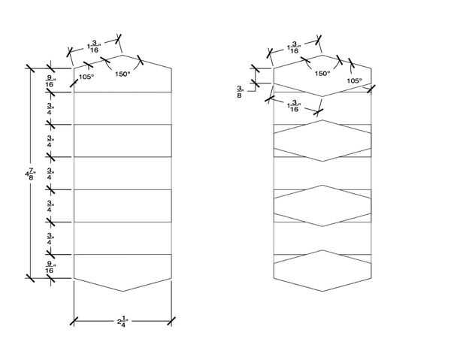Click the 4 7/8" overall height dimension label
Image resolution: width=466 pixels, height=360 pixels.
(28, 174)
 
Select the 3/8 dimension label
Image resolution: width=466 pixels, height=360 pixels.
(239, 92)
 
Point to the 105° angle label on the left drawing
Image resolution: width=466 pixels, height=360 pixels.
(86, 77)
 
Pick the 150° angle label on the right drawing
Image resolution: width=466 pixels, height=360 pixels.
(322, 74)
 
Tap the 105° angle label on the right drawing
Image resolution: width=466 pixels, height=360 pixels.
(354, 80)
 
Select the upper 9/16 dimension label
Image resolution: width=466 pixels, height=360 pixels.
(50, 80)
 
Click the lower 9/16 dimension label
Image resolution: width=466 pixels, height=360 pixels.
(50, 266)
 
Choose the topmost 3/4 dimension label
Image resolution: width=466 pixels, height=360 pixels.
(50, 108)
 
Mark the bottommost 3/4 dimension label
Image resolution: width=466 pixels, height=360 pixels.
(50, 238)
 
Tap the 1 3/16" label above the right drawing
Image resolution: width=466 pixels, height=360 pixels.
(293, 47)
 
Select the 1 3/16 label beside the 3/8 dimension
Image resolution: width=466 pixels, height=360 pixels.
(294, 105)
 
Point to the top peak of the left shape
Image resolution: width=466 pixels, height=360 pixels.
(123, 55)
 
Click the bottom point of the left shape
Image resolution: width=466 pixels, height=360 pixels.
(123, 291)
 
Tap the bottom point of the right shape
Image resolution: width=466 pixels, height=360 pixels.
(322, 291)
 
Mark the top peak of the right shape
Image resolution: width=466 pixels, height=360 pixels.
(322, 55)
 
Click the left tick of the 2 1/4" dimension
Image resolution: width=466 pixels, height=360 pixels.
(74, 322)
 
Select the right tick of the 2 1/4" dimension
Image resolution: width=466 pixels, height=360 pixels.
(171, 322)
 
